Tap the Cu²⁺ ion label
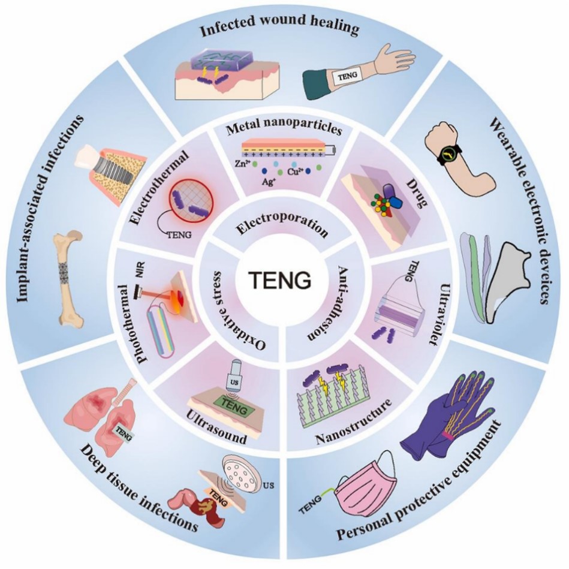tap(294, 171)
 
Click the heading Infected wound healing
tap(279, 27)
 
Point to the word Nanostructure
tap(354, 421)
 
